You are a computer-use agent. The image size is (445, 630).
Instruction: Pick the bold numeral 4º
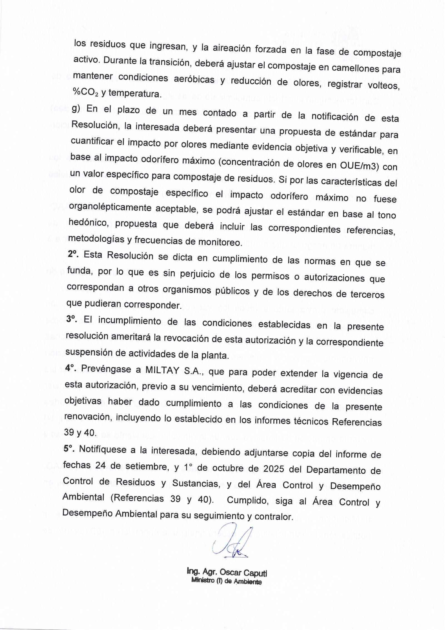coord(70,368)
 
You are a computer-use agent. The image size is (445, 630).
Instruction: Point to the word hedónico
coord(88,222)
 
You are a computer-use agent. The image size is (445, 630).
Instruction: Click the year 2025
coord(274,469)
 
